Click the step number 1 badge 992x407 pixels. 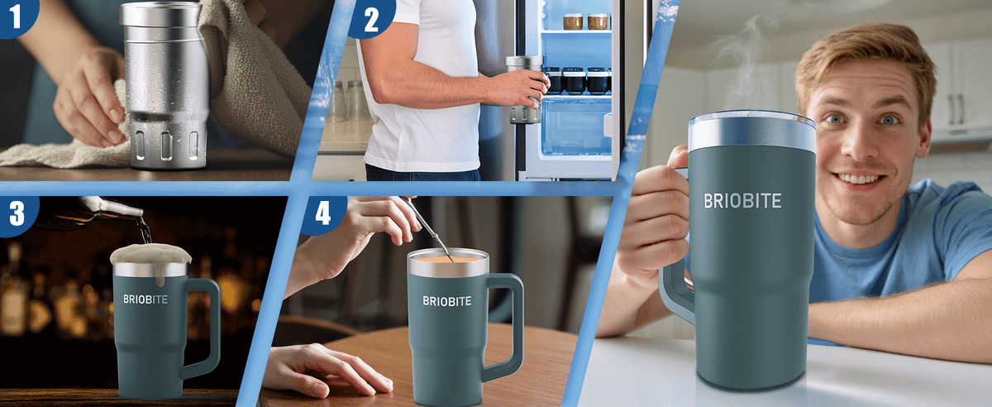point(17,16)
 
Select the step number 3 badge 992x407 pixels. point(17,213)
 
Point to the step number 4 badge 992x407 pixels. point(323,213)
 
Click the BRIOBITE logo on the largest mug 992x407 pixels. point(742,201)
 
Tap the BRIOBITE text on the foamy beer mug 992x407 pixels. point(145,299)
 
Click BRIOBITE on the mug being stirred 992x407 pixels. point(447,301)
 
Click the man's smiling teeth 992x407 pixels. point(858,179)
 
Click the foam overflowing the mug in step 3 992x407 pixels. point(150,256)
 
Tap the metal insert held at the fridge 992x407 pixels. point(525,89)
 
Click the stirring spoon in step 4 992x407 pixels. point(427,228)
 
